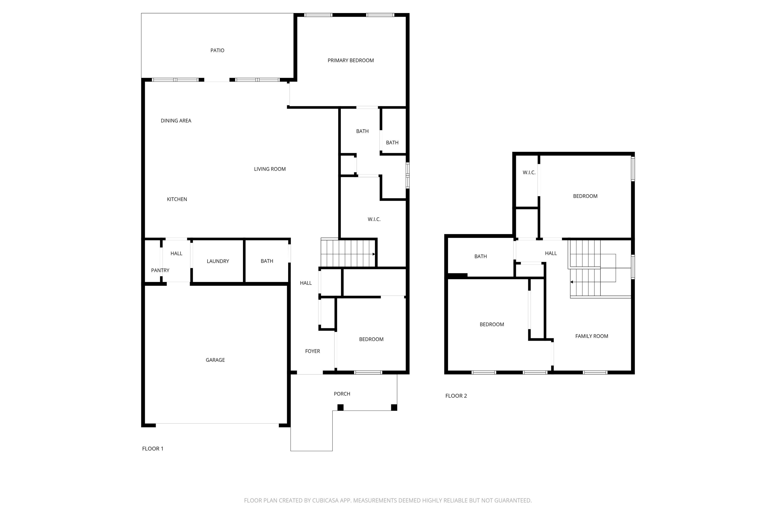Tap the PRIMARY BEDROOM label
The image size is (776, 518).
click(350, 60)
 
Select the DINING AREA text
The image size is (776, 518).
click(176, 121)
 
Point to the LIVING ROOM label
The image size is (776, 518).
click(270, 169)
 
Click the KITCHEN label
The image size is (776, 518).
click(177, 199)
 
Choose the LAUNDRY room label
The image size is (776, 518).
click(218, 261)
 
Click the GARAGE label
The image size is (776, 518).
click(215, 360)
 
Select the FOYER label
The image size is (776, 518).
click(312, 351)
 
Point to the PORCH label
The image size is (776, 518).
click(342, 394)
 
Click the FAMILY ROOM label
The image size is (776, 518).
click(592, 336)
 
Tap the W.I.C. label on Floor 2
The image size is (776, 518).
click(529, 173)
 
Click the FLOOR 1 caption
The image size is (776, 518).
click(152, 449)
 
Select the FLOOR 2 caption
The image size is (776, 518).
click(456, 396)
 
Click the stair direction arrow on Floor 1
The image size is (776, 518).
click(374, 254)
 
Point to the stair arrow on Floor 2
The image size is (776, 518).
click(572, 282)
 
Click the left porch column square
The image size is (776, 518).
click(340, 407)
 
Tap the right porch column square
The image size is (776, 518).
click(394, 407)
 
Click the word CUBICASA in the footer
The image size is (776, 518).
click(325, 500)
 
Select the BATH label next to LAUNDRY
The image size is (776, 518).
click(267, 261)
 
